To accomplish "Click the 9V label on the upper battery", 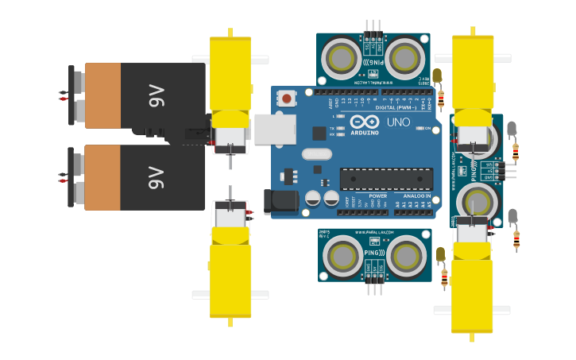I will click(156, 96).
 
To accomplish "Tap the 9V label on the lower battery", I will click(156, 177).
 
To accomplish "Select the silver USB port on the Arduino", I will click(274, 129).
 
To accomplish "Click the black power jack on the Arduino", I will click(280, 200).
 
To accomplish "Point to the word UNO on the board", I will click(398, 122).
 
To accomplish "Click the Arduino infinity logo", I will click(365, 122).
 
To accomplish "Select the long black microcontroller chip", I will click(386, 179).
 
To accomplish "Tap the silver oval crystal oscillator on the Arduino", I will click(316, 154).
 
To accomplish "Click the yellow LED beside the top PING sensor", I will click(438, 75).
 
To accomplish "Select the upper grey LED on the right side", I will click(512, 128).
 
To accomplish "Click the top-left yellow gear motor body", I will click(230, 72).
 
